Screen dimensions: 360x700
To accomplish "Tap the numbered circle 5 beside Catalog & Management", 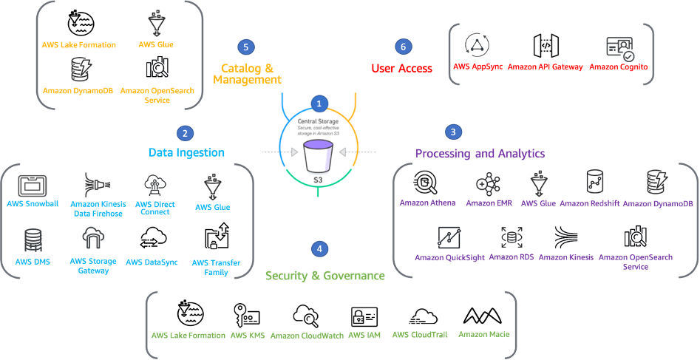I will [x=246, y=47].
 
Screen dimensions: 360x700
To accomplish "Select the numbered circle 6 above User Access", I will [x=402, y=47].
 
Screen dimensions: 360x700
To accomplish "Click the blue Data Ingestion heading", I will [x=186, y=152].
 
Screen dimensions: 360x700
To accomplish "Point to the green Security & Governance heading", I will [x=325, y=276].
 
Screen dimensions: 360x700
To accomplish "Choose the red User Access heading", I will [x=401, y=68].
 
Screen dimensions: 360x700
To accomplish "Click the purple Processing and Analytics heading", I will [x=480, y=153].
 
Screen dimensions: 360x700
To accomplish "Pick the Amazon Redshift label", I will [x=588, y=203].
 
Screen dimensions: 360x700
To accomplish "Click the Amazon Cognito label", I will [x=619, y=67].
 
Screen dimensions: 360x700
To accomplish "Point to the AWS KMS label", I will [x=248, y=335].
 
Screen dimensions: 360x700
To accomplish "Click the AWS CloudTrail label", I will [x=420, y=334].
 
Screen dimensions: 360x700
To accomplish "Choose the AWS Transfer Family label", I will [x=210, y=267].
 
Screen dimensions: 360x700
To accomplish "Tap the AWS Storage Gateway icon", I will [x=92, y=239].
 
